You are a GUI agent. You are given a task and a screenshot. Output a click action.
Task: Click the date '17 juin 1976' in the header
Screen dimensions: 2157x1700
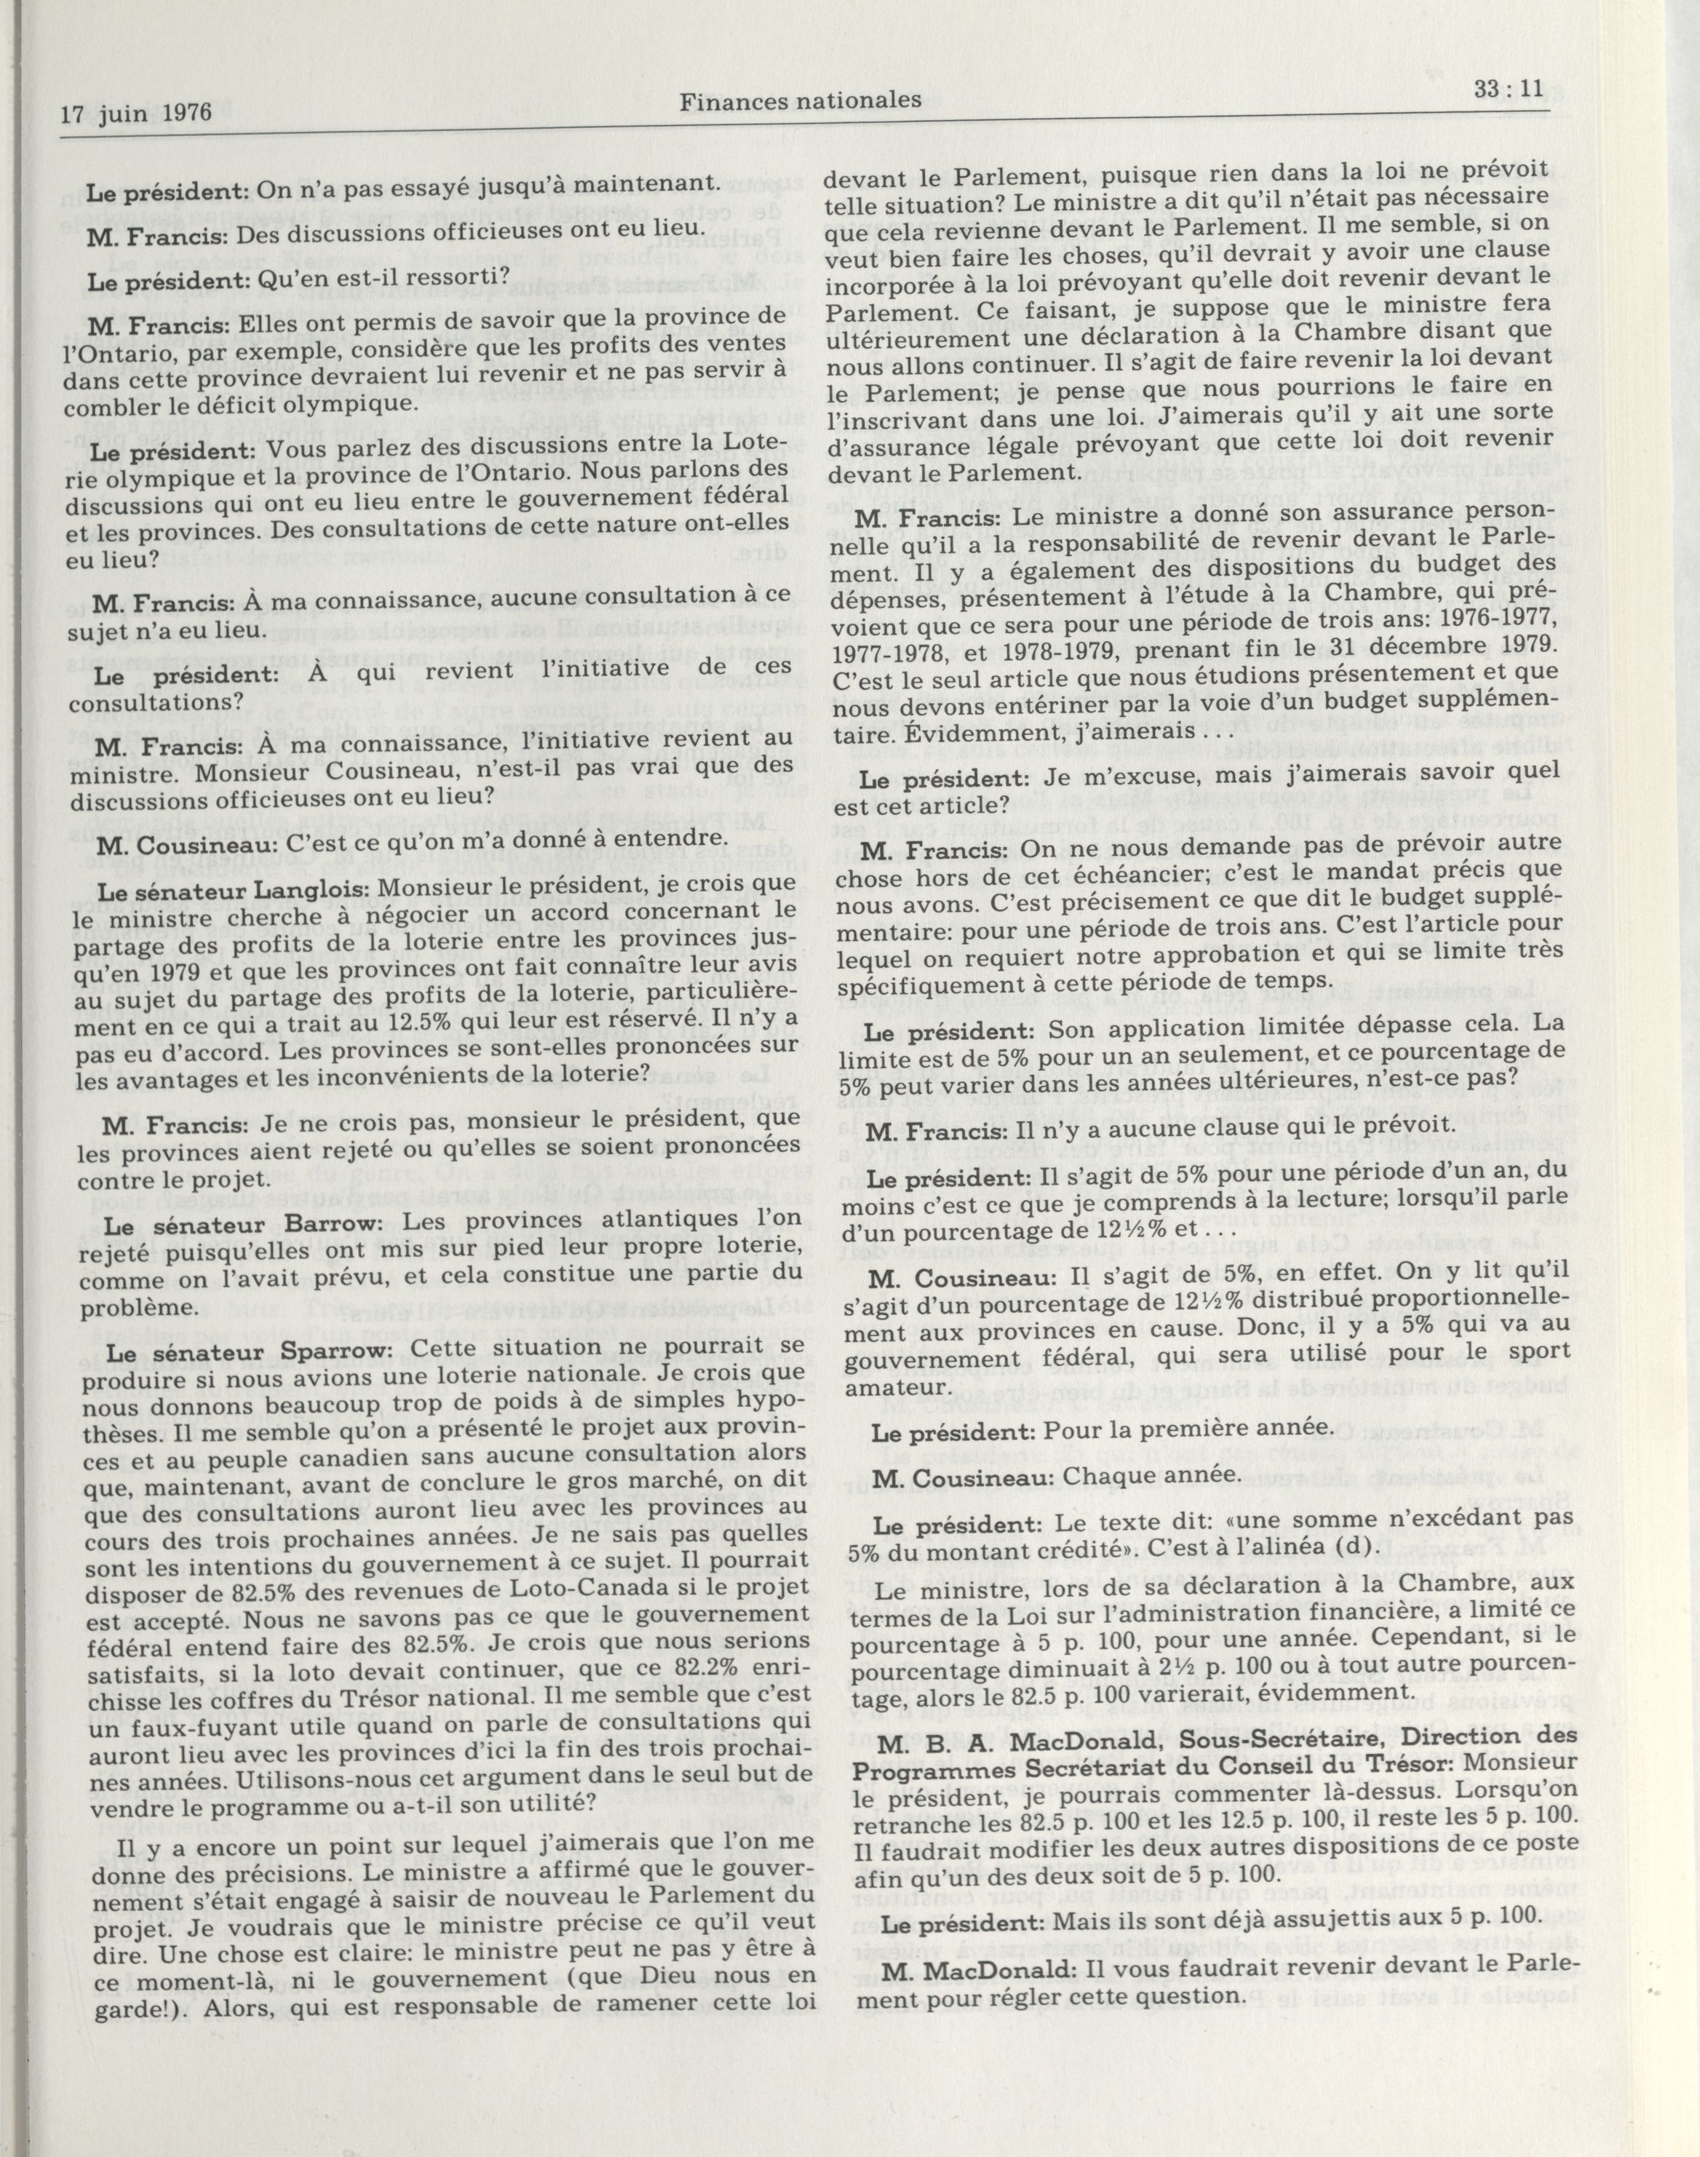(x=136, y=113)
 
